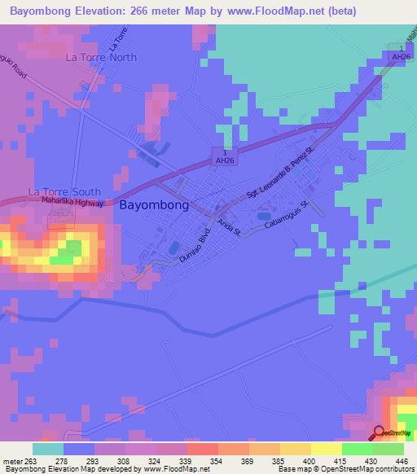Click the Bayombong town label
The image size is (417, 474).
point(154,206)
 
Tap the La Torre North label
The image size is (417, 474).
point(101,58)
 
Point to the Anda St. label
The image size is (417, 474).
point(227,226)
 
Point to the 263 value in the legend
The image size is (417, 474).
point(32,462)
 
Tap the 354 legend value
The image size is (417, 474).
point(202,462)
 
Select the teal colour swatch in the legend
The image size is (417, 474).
point(48,449)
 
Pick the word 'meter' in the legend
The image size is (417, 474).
point(12,462)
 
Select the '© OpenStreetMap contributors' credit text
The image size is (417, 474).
point(362,469)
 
